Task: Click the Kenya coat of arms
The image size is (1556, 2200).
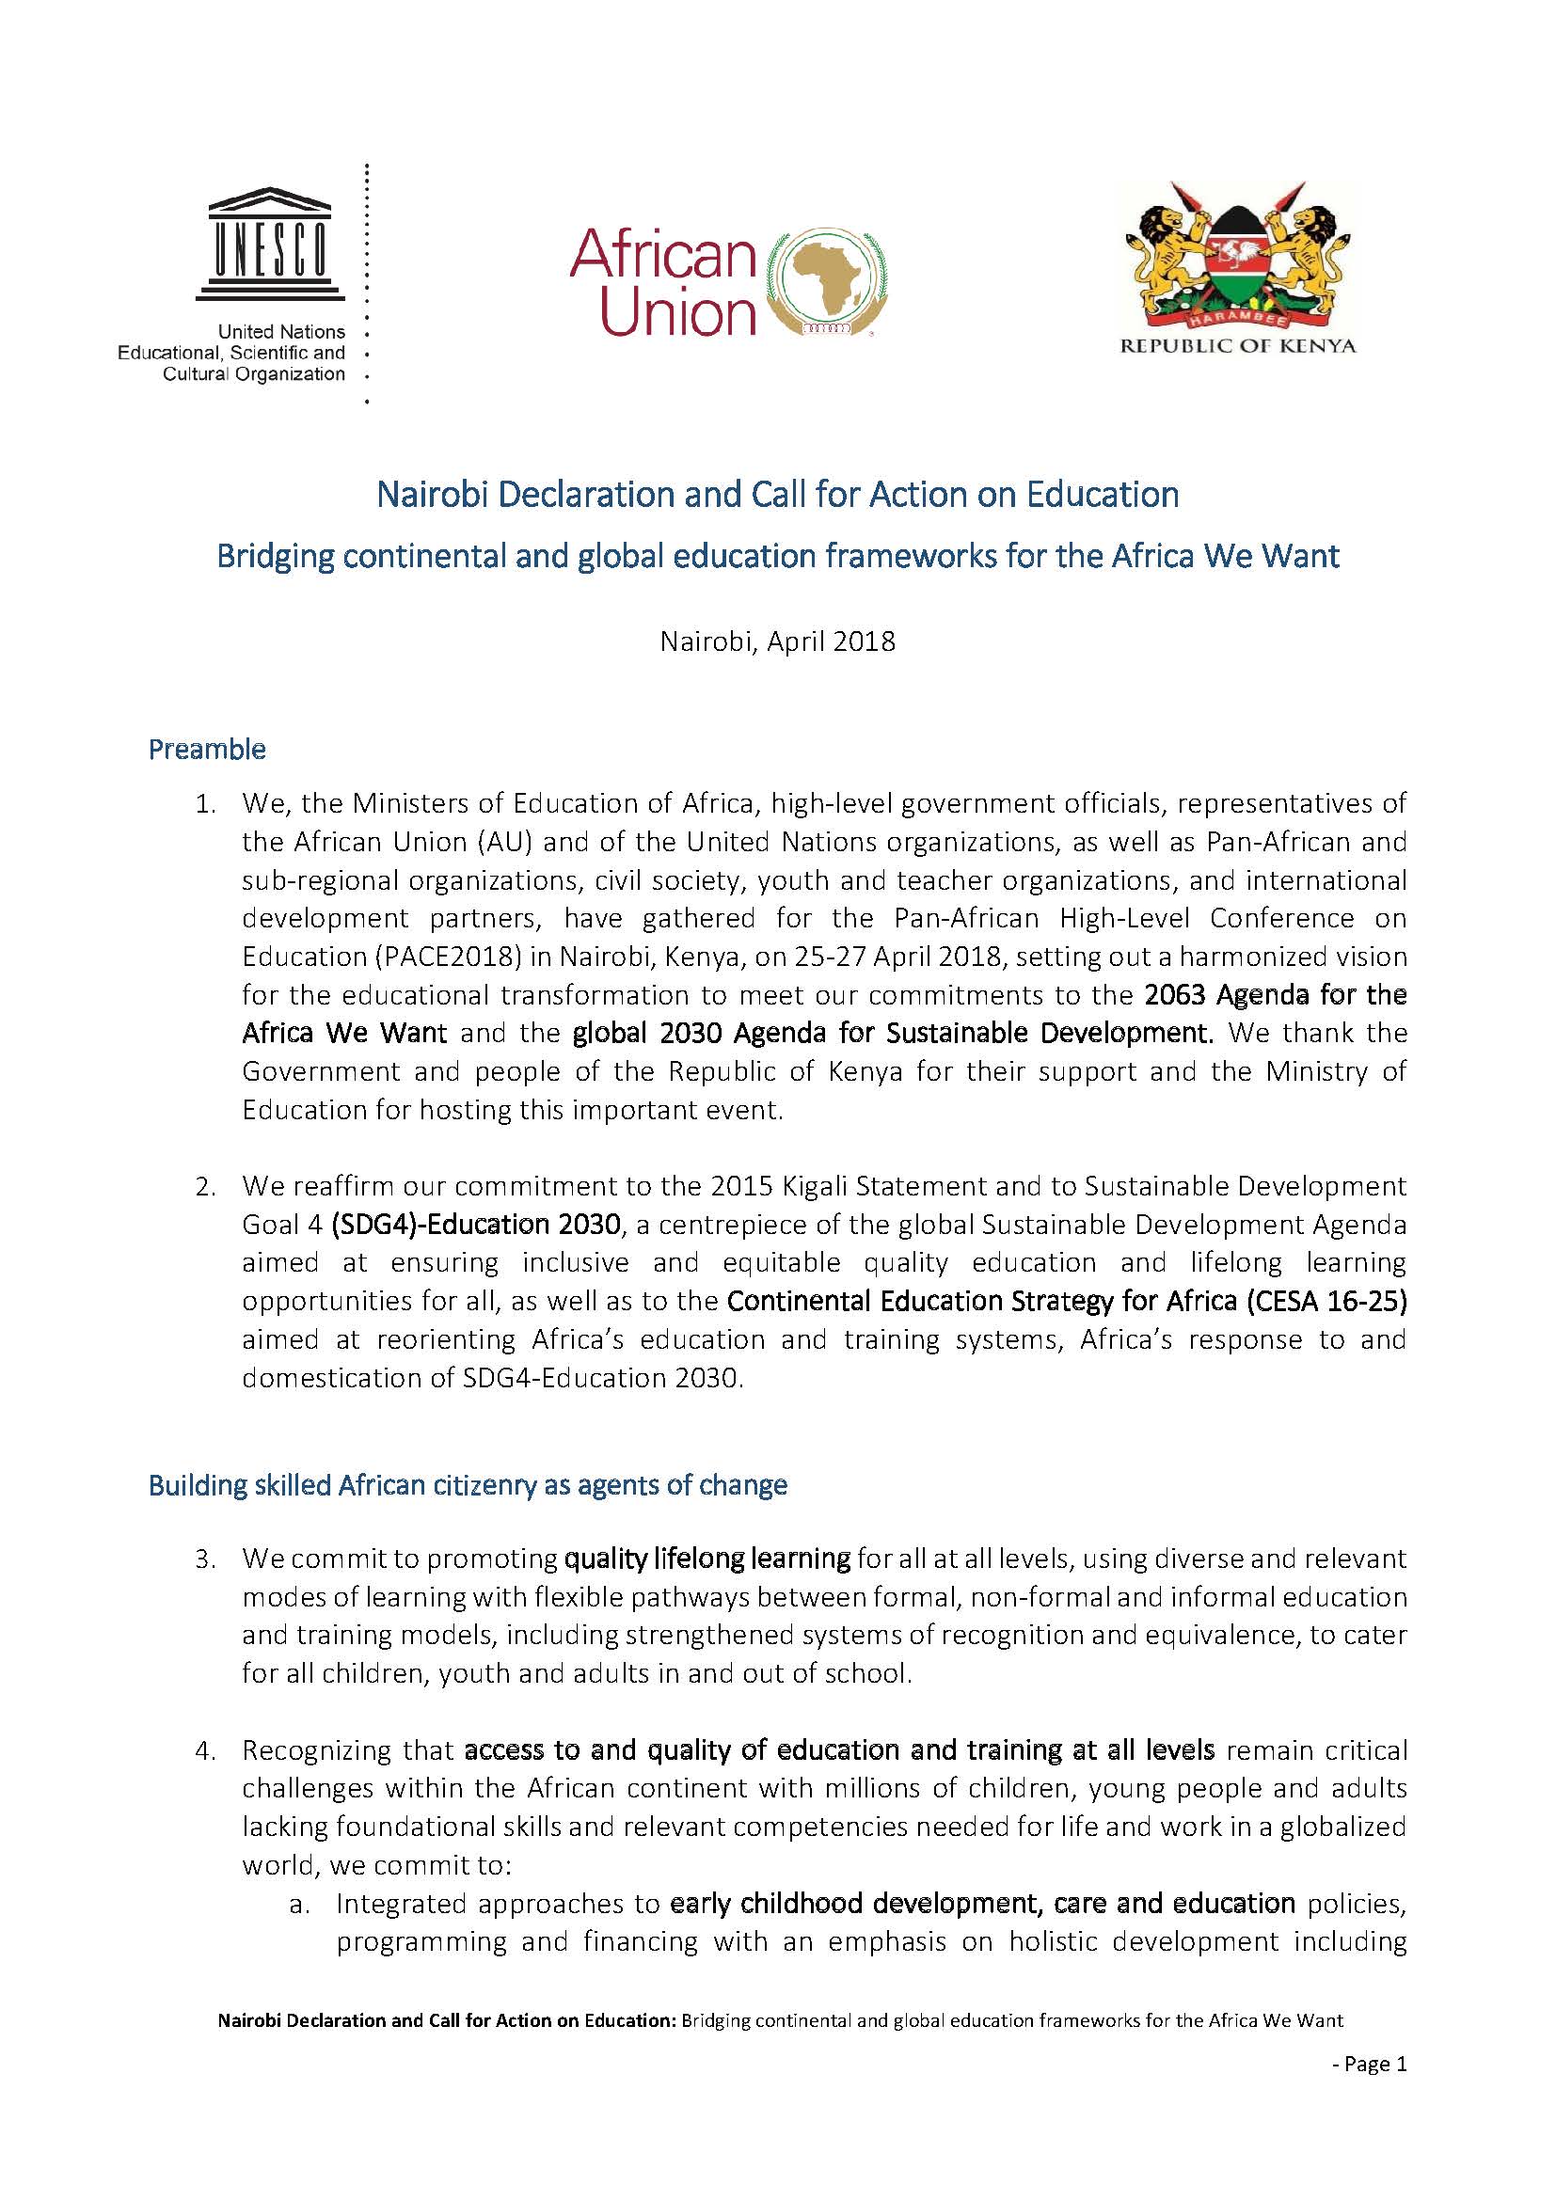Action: coord(1238,257)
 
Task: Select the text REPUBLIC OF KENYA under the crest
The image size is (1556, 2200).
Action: coord(1238,347)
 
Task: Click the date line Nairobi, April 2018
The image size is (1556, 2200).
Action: coord(777,641)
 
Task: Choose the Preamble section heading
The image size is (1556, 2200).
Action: coord(207,750)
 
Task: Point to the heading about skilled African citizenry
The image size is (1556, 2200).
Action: coord(468,1485)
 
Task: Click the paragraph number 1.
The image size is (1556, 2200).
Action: coord(204,804)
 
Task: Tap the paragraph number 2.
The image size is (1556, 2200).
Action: coord(204,1187)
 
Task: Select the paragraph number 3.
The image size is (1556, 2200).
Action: coord(204,1559)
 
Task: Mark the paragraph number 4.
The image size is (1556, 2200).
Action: coord(204,1750)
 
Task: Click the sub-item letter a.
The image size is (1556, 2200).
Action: coord(299,1904)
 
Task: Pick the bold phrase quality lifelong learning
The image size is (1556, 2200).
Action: coord(707,1559)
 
